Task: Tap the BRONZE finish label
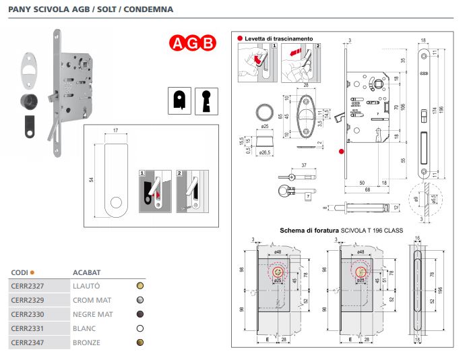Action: pos(86,342)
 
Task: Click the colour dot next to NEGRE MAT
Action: pos(139,314)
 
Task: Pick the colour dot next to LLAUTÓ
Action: pos(139,286)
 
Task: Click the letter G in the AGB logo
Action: pos(193,44)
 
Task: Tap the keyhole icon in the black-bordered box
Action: pos(205,100)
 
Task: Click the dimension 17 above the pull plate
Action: pos(116,130)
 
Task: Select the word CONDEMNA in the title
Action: pos(153,10)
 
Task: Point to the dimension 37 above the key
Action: pos(304,164)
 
